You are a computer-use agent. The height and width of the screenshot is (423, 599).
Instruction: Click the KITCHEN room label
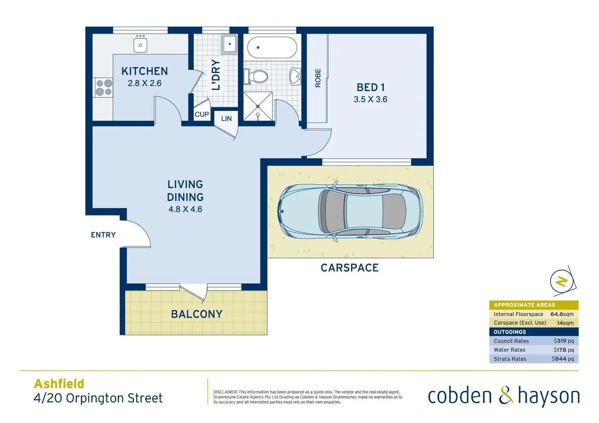tap(145, 71)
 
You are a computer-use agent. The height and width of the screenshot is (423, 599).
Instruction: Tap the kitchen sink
tap(140, 45)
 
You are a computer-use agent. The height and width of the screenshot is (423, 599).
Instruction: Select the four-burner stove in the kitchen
tap(104, 88)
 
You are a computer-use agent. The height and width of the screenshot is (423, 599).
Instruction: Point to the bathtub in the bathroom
tap(272, 48)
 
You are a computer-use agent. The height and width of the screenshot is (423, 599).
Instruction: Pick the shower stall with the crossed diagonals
tap(258, 106)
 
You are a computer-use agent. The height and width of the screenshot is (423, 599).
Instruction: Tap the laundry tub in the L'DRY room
tap(229, 44)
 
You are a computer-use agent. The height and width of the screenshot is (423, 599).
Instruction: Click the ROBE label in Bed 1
tap(318, 78)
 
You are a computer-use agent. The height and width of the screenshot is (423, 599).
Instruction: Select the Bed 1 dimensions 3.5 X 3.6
tap(370, 99)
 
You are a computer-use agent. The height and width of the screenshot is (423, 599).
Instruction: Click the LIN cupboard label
tap(227, 119)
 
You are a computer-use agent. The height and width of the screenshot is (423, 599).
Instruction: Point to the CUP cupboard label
tap(202, 114)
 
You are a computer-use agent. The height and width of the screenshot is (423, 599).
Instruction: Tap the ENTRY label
tap(103, 235)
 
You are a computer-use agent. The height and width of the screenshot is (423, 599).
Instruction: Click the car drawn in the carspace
tap(350, 211)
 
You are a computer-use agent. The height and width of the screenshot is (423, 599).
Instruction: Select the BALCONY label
tap(197, 314)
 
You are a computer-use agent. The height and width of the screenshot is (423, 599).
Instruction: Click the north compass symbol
tap(562, 281)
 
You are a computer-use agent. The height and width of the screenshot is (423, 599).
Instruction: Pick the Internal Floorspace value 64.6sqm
tap(562, 314)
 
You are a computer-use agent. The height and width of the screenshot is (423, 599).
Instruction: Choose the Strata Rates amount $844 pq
tap(563, 359)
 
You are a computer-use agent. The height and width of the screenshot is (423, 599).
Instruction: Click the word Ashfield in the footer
tap(59, 384)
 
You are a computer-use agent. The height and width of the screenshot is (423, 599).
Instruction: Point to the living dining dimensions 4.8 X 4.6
tap(185, 210)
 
